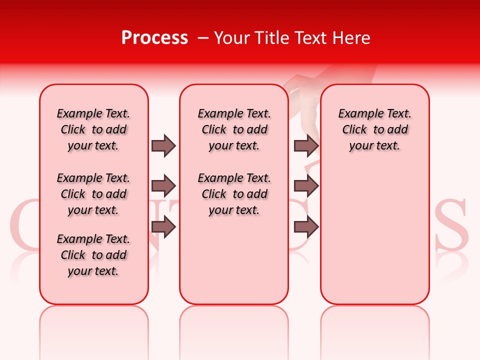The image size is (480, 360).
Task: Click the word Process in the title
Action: click(x=154, y=38)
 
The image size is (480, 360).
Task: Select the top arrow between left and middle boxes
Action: click(x=163, y=145)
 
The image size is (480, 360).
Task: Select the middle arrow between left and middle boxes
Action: click(x=163, y=186)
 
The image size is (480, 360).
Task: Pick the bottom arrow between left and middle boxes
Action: click(x=163, y=227)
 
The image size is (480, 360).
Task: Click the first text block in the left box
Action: click(x=93, y=129)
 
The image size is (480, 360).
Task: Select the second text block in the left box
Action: click(x=93, y=194)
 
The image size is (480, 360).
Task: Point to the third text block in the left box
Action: click(x=93, y=255)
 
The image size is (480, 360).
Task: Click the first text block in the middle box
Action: click(x=234, y=129)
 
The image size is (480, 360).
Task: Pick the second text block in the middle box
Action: click(x=234, y=194)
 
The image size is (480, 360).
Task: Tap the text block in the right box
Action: click(x=375, y=129)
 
